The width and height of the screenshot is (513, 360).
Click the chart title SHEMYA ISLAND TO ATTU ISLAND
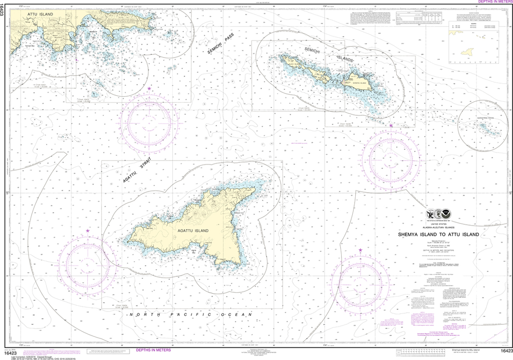tap(438, 234)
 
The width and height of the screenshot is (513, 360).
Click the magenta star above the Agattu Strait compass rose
tap(149, 89)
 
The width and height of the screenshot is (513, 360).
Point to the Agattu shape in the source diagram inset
tap(468, 52)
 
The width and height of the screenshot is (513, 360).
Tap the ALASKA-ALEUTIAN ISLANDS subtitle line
tap(438, 227)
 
